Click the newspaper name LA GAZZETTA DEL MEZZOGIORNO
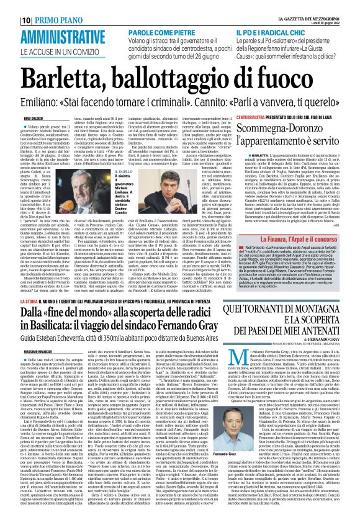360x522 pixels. pyautogui.click(x=322, y=6)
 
